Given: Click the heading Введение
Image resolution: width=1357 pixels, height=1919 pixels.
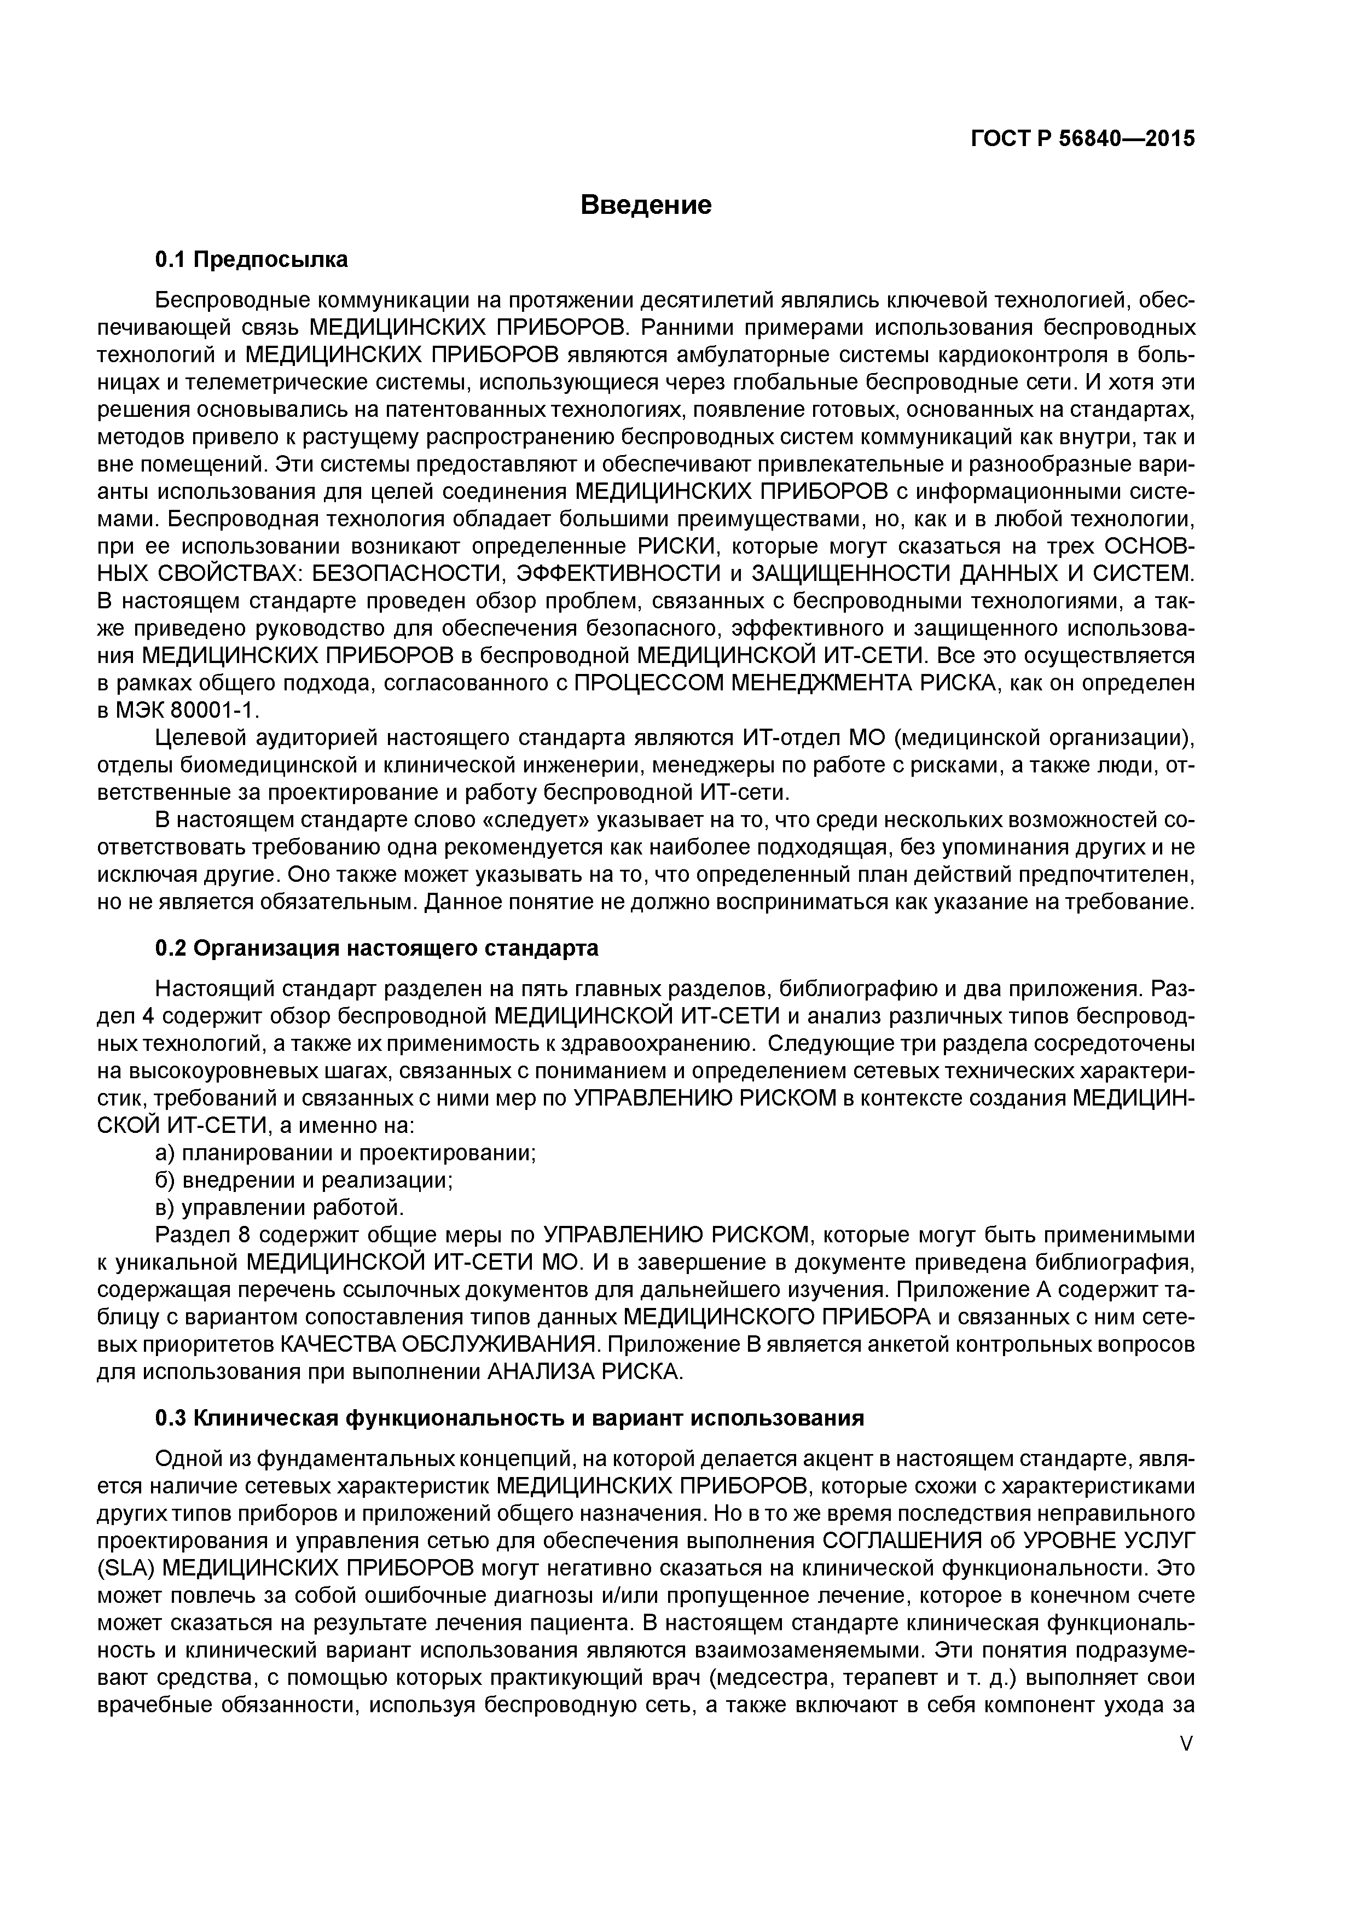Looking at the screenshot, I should coord(646,205).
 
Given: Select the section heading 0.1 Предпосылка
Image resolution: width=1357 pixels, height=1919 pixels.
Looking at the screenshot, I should coord(252,260).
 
